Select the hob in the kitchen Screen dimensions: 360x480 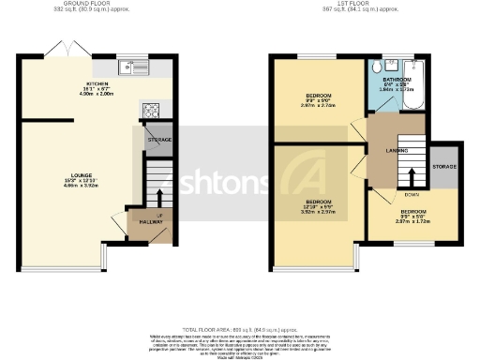click(x=150, y=110)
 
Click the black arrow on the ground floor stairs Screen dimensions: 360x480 click(x=157, y=197)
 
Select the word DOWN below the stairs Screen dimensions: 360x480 click(x=412, y=196)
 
